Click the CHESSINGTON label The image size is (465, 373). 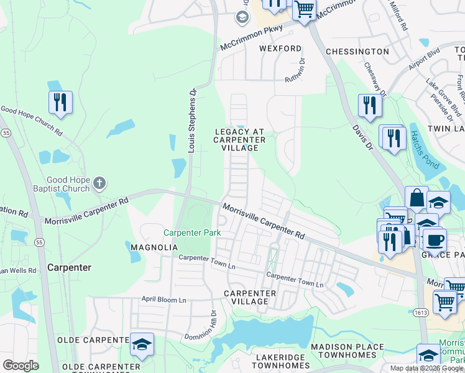click(x=357, y=52)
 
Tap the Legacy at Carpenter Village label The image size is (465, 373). click(x=239, y=140)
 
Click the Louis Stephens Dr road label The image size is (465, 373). click(x=193, y=120)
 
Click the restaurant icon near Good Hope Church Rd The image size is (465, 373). click(x=60, y=102)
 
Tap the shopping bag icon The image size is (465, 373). click(x=417, y=198)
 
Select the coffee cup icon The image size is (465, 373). click(x=435, y=240)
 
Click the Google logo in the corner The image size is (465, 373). click(x=21, y=366)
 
